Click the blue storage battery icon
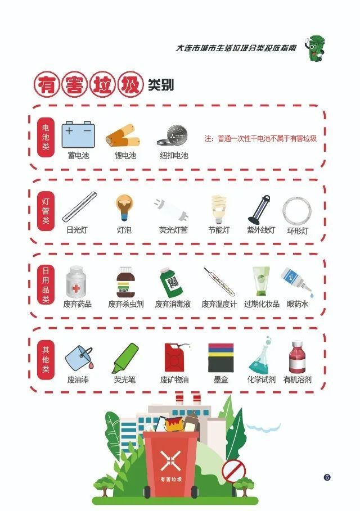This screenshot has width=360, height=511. pyautogui.click(x=78, y=134)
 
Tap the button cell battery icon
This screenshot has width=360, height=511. pyautogui.click(x=173, y=135)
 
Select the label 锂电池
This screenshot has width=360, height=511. pyautogui.click(x=125, y=155)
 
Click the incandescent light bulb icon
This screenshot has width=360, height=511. pyautogui.click(x=124, y=207)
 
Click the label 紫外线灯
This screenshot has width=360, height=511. pyautogui.click(x=261, y=230)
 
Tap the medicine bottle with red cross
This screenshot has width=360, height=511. pyautogui.click(x=76, y=281)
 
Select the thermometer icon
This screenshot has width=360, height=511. pyautogui.click(x=219, y=282)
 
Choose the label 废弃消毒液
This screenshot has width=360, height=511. pyautogui.click(x=173, y=304)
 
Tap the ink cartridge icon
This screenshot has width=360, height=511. pyautogui.click(x=220, y=358)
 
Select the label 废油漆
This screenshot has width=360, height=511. pyautogui.click(x=78, y=379)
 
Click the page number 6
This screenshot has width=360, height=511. pyautogui.click(x=327, y=477)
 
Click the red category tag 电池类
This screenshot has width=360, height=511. pyautogui.click(x=46, y=137)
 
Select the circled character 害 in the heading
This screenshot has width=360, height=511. pyautogui.click(x=75, y=85)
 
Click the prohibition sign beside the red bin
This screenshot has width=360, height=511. pyautogui.click(x=234, y=471)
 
